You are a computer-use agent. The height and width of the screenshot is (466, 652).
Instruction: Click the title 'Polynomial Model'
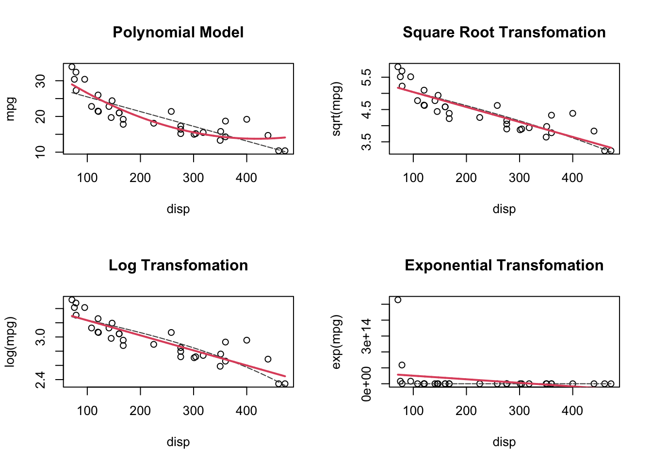[x=178, y=33]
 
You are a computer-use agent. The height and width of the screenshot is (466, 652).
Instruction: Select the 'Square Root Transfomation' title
[x=504, y=33]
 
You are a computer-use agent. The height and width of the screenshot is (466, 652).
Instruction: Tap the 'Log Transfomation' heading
[x=178, y=266]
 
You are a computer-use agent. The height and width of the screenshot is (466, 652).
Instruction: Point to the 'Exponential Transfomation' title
[x=504, y=266]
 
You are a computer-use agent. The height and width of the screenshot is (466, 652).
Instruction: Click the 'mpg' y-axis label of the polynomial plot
[x=11, y=109]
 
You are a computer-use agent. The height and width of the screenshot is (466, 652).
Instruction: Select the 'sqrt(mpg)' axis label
[x=337, y=109]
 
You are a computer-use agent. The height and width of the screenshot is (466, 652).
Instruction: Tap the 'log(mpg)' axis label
[x=11, y=342]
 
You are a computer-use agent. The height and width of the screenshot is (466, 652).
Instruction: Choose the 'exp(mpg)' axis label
[x=337, y=342]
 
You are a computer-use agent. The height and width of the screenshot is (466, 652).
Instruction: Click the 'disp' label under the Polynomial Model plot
[x=178, y=209]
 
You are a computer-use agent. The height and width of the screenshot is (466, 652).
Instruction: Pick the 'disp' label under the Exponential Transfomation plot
[x=504, y=442]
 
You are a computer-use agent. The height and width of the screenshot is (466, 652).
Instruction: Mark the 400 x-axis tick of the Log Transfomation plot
[x=246, y=411]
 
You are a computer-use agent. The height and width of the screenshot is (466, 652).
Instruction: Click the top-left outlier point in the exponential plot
[x=398, y=300]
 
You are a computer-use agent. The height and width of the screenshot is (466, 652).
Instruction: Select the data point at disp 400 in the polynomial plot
[x=246, y=119]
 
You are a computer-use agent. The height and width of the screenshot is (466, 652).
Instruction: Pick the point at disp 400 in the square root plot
[x=572, y=114]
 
